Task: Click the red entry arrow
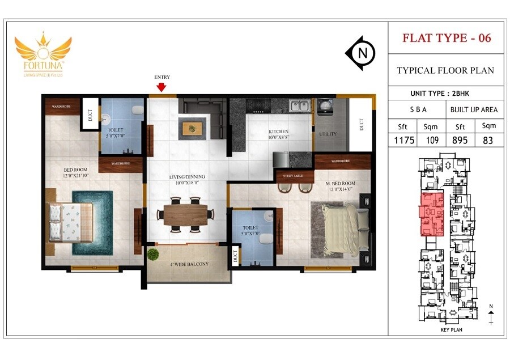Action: tap(161, 87)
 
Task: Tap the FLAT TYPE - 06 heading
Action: tap(447, 38)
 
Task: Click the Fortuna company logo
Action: tap(43, 54)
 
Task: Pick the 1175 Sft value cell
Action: tap(403, 139)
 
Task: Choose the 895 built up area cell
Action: tap(460, 139)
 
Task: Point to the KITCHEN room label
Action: tap(278, 134)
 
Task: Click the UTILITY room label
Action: tap(328, 134)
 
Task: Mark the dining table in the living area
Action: tap(186, 214)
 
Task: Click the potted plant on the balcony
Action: tap(153, 255)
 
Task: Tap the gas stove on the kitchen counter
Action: tap(259, 105)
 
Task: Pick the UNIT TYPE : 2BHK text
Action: tap(446, 93)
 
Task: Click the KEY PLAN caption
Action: tap(452, 329)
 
